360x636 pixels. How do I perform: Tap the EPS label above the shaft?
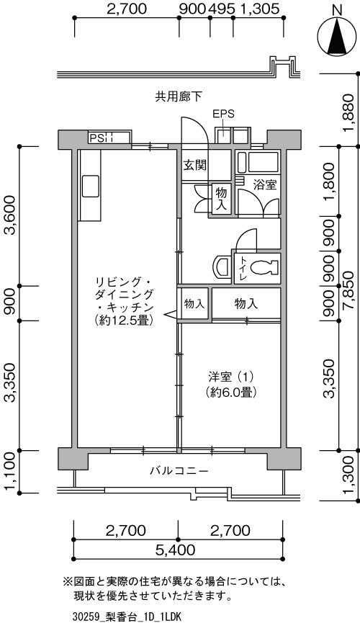(x=224, y=114)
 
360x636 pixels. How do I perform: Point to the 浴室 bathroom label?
(x=265, y=185)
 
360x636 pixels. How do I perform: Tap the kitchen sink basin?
(x=91, y=186)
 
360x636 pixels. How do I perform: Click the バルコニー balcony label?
(x=179, y=471)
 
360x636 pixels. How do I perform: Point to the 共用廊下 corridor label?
(x=179, y=96)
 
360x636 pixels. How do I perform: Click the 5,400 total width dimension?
(x=175, y=550)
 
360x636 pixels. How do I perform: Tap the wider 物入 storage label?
(x=246, y=304)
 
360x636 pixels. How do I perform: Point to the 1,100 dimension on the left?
(x=9, y=471)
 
